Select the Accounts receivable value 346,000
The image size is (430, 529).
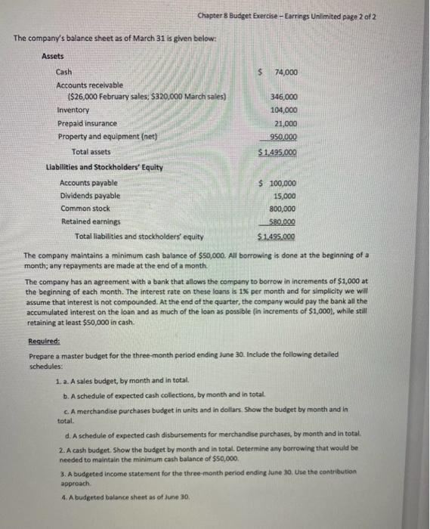point(283,97)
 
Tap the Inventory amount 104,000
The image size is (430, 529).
point(283,110)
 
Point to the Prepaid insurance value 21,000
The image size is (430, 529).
point(284,123)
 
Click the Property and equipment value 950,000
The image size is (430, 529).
point(283,137)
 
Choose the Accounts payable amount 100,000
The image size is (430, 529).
point(281,184)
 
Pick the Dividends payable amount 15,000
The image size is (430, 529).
point(284,196)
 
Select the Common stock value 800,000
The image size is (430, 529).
point(283,209)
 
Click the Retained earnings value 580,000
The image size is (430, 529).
point(283,222)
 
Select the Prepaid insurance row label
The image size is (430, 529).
point(88,123)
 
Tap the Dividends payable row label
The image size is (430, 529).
point(90,196)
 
